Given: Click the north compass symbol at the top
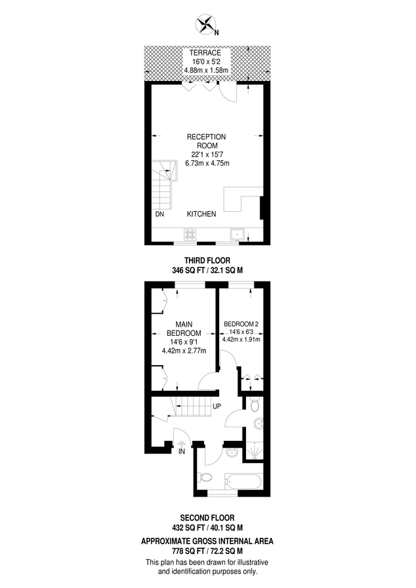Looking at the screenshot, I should pyautogui.click(x=207, y=25).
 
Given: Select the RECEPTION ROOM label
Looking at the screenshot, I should pyautogui.click(x=207, y=141).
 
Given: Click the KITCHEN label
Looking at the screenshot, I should pyautogui.click(x=201, y=214).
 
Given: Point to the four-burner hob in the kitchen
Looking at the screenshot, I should pyautogui.click(x=191, y=235).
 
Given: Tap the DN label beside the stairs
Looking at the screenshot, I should pyautogui.click(x=160, y=214).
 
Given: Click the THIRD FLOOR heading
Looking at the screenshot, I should pyautogui.click(x=207, y=260).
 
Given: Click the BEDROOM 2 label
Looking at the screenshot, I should pyautogui.click(x=242, y=324).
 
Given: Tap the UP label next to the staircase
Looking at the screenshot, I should pyautogui.click(x=217, y=407).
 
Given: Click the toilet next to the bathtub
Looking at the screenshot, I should pyautogui.click(x=205, y=479).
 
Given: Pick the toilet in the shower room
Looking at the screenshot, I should pyautogui.click(x=255, y=404).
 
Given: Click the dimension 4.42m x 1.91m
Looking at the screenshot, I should pyautogui.click(x=242, y=339).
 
